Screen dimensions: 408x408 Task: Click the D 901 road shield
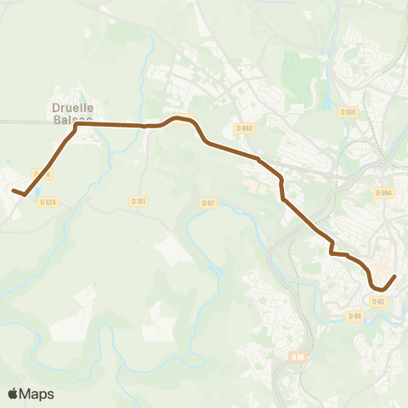pyautogui.click(x=347, y=111)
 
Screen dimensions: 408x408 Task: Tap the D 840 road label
pyautogui.click(x=244, y=127)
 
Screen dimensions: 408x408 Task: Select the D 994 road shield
pyautogui.click(x=383, y=193)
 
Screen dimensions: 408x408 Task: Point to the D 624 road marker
pyautogui.click(x=47, y=201)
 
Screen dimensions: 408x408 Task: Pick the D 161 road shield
pyautogui.click(x=139, y=201)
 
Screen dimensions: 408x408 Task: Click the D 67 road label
pyautogui.click(x=209, y=202)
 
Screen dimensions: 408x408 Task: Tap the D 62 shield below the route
pyautogui.click(x=379, y=301)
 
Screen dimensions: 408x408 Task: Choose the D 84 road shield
pyautogui.click(x=355, y=315)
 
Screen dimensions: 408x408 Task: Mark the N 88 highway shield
pyautogui.click(x=297, y=357)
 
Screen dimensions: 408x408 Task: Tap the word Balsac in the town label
pyautogui.click(x=71, y=121)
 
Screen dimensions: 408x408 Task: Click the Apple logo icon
pyautogui.click(x=14, y=394)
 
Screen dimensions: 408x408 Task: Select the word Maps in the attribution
pyautogui.click(x=37, y=394)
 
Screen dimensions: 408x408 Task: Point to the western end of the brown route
pyautogui.click(x=14, y=190)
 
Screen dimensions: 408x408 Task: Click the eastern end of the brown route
pyautogui.click(x=394, y=277)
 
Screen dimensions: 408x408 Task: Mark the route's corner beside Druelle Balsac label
pyautogui.click(x=76, y=125)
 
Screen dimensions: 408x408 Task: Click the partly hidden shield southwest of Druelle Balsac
pyautogui.click(x=45, y=174)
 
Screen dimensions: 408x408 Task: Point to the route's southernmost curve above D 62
pyautogui.click(x=379, y=292)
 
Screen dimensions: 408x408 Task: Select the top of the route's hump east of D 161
pyautogui.click(x=180, y=117)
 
